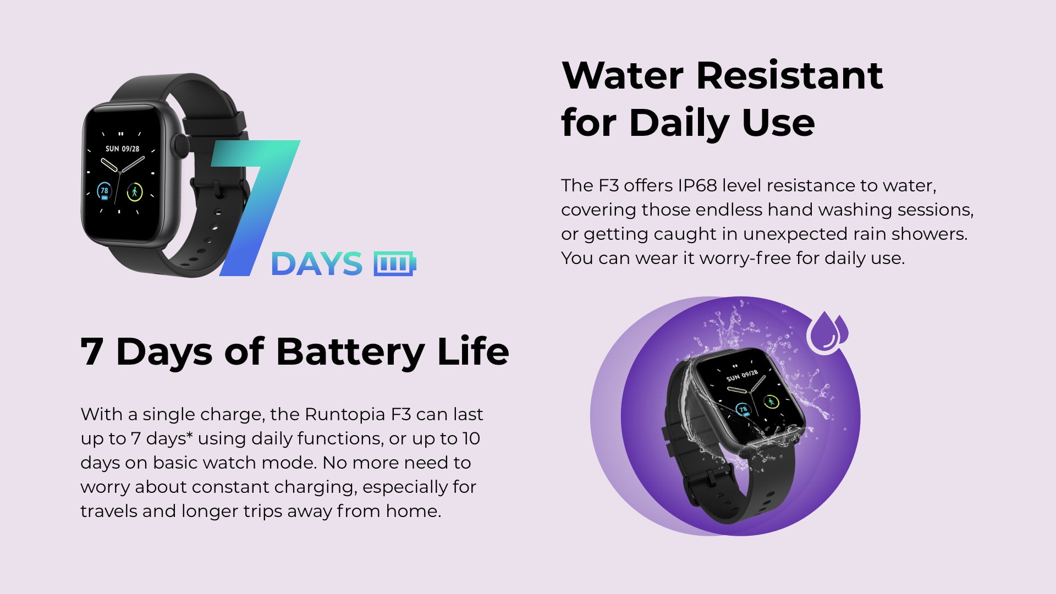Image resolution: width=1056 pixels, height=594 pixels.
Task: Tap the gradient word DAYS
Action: click(317, 264)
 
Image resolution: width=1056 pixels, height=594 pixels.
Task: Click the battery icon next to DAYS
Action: click(394, 263)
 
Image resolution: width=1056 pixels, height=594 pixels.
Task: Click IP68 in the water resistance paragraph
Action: click(697, 185)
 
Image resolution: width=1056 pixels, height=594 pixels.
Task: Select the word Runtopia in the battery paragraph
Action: click(345, 414)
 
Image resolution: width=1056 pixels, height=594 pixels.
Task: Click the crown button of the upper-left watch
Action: click(179, 146)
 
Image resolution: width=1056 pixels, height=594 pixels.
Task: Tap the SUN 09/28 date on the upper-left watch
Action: click(122, 148)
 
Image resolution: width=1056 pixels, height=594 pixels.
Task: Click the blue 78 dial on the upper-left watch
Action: click(104, 191)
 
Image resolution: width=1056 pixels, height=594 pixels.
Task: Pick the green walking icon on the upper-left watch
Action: click(135, 192)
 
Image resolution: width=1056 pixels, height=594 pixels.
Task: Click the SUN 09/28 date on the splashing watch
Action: click(742, 376)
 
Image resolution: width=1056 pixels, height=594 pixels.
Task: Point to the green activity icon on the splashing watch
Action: click(771, 402)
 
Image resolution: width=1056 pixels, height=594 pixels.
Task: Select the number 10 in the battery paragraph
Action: click(471, 438)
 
